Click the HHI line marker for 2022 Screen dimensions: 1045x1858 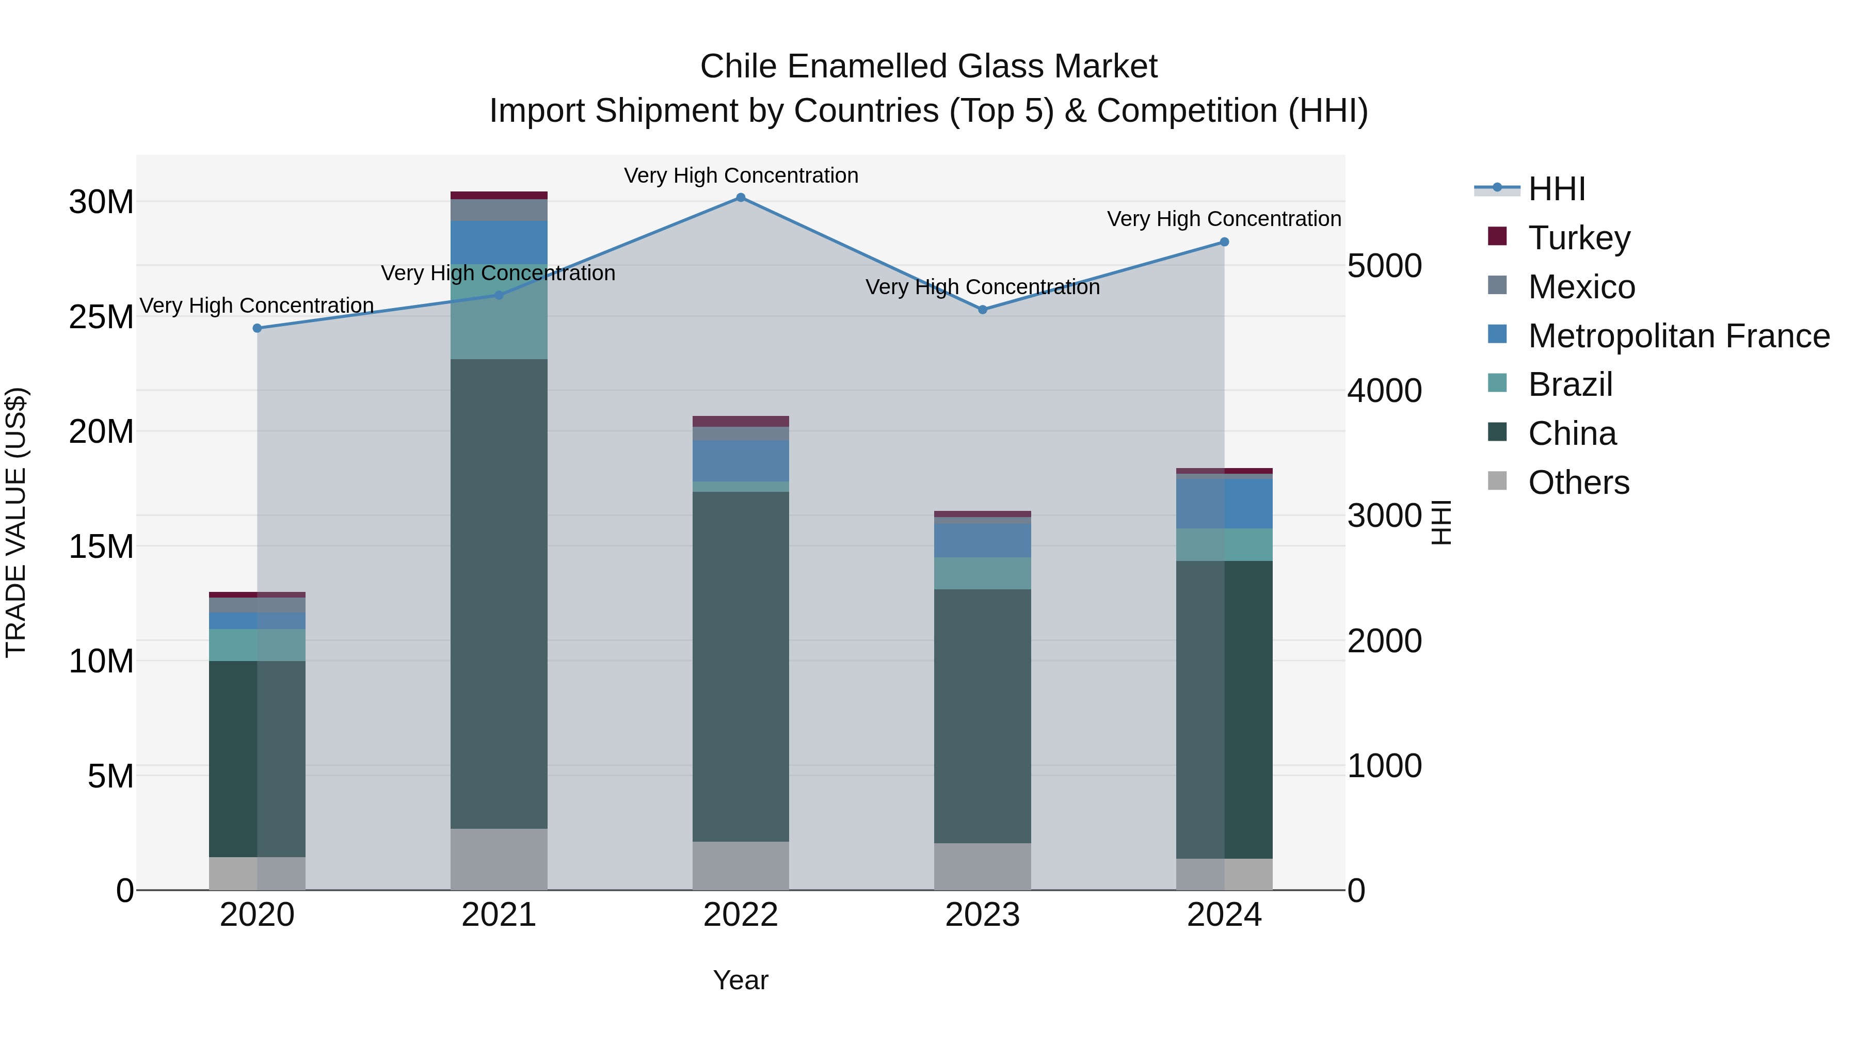tap(741, 198)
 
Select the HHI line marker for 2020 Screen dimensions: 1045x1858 tap(258, 328)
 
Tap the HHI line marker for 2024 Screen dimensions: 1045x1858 tap(1224, 243)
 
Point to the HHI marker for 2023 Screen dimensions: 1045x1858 tap(982, 310)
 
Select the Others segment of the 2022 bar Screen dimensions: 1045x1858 tap(741, 865)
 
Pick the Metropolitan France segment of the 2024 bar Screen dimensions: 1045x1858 tap(1224, 503)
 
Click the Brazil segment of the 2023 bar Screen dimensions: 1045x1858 tap(982, 573)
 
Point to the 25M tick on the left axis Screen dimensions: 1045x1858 tap(101, 317)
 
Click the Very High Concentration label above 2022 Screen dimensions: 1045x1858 tap(741, 176)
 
